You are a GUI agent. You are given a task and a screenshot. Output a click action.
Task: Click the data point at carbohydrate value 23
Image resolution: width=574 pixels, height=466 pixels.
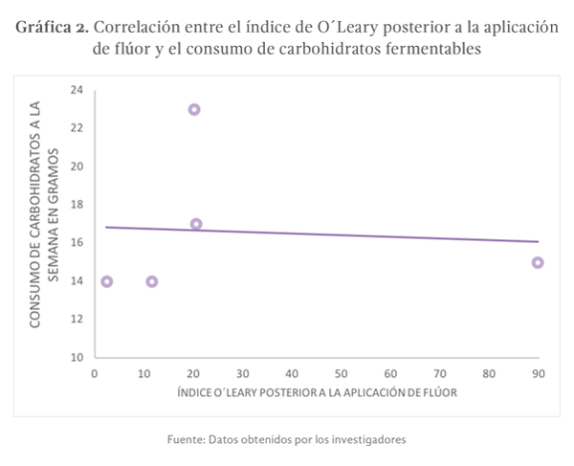pyautogui.click(x=194, y=109)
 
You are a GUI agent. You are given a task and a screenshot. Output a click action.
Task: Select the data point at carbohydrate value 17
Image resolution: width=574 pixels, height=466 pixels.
pyautogui.click(x=196, y=224)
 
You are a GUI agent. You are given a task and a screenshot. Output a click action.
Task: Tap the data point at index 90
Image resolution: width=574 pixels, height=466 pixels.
pyautogui.click(x=538, y=262)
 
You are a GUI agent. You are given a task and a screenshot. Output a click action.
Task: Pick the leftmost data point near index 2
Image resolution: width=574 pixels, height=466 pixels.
pyautogui.click(x=106, y=281)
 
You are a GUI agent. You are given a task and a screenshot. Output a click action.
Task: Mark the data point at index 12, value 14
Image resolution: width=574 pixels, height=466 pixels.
pyautogui.click(x=151, y=281)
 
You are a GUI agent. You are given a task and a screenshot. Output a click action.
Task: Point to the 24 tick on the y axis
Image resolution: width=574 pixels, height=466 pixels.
pyautogui.click(x=77, y=90)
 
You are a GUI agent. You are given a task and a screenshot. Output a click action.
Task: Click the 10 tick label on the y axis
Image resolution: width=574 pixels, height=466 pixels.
pyautogui.click(x=77, y=358)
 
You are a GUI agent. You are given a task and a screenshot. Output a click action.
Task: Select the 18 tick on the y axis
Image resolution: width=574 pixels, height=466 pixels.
pyautogui.click(x=77, y=205)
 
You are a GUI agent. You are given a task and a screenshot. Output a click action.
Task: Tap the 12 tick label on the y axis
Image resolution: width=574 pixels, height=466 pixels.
pyautogui.click(x=77, y=320)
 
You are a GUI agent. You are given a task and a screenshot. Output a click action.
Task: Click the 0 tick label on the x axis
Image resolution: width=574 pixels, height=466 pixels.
pyautogui.click(x=94, y=373)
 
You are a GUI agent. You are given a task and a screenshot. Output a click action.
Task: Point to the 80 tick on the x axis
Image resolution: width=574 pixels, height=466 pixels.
pyautogui.click(x=489, y=373)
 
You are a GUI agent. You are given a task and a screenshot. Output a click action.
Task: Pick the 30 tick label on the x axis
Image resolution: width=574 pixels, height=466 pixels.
pyautogui.click(x=242, y=373)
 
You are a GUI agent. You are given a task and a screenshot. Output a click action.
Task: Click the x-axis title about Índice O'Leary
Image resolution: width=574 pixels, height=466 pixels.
pyautogui.click(x=315, y=394)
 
